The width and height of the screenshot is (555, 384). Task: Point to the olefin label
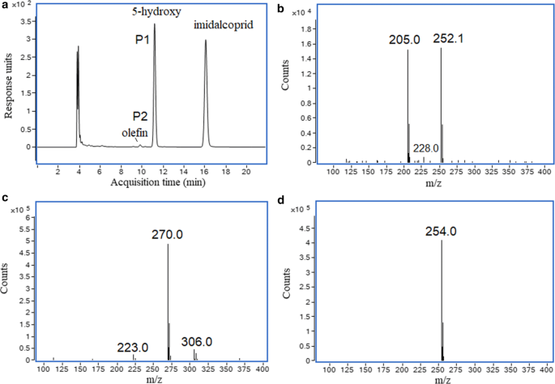[135, 130]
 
